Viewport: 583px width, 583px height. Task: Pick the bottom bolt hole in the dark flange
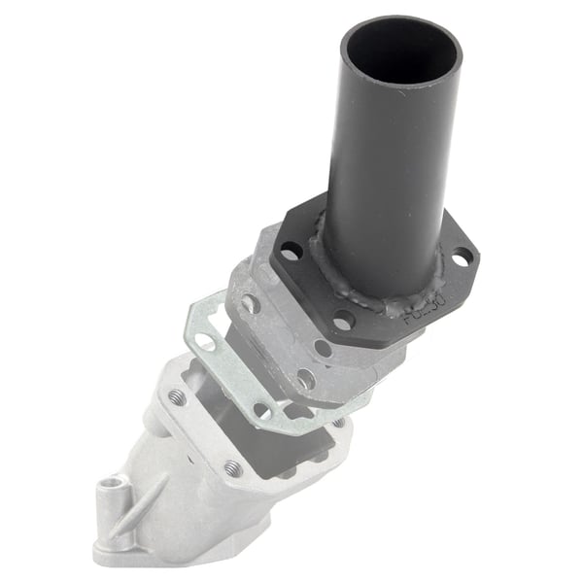coord(342,319)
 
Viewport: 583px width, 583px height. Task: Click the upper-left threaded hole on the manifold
coord(177,397)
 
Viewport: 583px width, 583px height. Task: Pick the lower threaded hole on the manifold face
coord(232,467)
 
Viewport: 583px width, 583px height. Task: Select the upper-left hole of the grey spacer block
coord(251,304)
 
